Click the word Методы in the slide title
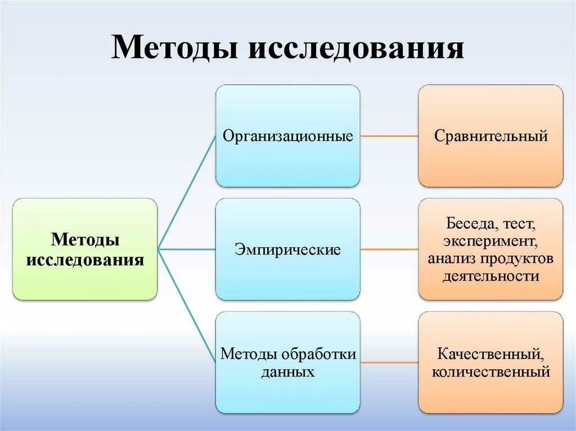click(x=175, y=48)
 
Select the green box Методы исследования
click(x=85, y=249)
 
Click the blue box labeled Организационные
click(x=287, y=136)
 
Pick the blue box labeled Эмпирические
click(x=287, y=249)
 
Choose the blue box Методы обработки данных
click(x=287, y=362)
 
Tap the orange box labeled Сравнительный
click(x=490, y=136)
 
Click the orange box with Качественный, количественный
click(x=490, y=362)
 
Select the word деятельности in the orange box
click(x=490, y=276)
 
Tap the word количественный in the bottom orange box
click(x=490, y=371)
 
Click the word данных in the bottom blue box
click(x=287, y=371)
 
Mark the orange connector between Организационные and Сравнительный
click(x=389, y=136)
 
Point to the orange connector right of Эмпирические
click(x=389, y=248)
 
